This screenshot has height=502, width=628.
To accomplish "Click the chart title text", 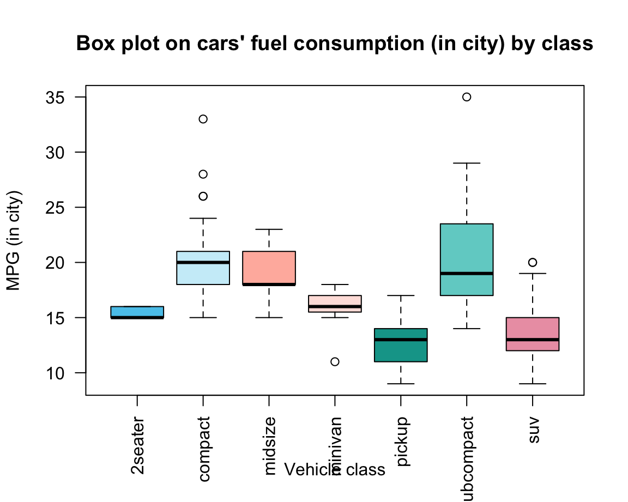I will (x=334, y=43).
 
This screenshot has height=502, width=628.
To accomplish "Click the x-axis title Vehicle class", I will (x=335, y=469).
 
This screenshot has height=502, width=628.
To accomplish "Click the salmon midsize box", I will (x=269, y=267).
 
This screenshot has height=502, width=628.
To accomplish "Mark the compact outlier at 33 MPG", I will (x=203, y=119).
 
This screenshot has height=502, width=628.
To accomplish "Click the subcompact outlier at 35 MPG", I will (x=467, y=97).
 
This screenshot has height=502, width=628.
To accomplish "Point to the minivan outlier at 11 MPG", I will (x=335, y=362).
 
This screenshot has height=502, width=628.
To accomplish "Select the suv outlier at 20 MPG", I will (x=533, y=262).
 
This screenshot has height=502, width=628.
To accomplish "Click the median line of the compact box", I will (x=203, y=262).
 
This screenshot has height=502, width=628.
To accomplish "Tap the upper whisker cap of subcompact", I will (x=467, y=163).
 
